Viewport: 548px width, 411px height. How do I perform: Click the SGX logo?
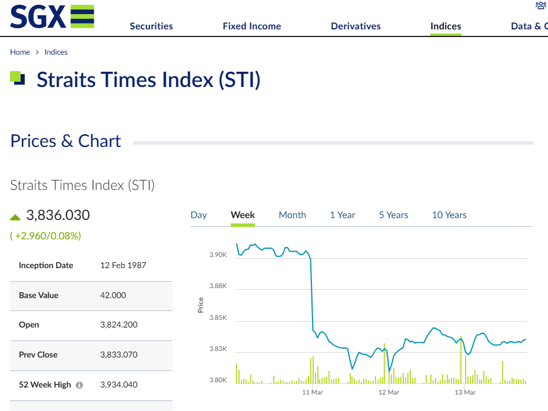point(52,16)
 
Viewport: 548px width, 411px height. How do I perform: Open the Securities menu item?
point(151,26)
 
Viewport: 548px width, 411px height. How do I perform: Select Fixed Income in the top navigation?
point(252,26)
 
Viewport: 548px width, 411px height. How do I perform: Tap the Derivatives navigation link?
point(356,26)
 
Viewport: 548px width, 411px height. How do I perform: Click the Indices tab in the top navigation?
point(446,26)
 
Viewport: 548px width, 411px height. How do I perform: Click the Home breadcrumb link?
point(20,52)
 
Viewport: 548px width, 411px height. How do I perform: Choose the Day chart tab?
point(198,215)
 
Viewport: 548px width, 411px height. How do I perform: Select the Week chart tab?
point(243,215)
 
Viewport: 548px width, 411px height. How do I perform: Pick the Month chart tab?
point(292,215)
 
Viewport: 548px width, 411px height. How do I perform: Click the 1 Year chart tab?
point(343,215)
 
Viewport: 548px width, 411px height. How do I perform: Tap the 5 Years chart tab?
point(394,215)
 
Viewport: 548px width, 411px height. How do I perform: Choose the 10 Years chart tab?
point(449,215)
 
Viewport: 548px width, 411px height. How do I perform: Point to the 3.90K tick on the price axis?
point(218,255)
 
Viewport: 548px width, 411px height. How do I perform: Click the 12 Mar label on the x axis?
point(388,393)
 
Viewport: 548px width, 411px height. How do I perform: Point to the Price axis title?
point(201,305)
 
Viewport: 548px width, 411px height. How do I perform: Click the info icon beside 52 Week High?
point(79,385)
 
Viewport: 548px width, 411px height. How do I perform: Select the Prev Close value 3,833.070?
point(119,355)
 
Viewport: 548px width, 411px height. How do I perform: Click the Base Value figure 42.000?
point(113,295)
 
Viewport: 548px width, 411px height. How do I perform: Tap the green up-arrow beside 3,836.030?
point(15,218)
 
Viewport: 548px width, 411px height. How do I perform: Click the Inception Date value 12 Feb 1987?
point(123,265)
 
